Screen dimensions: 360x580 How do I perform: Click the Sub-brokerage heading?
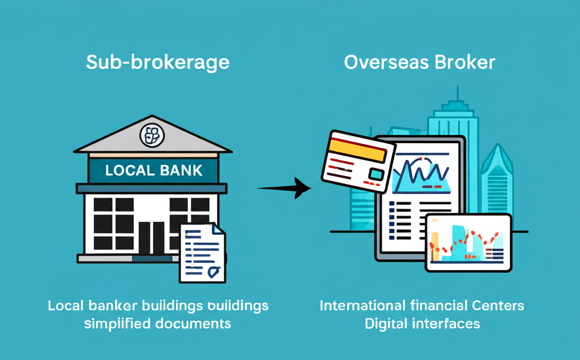(x=157, y=62)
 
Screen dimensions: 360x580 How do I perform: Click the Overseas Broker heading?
(x=420, y=62)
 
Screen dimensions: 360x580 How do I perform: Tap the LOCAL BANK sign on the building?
(x=153, y=170)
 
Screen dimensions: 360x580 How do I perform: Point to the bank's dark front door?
(x=152, y=237)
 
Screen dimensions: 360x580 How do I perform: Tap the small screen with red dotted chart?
(x=468, y=243)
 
